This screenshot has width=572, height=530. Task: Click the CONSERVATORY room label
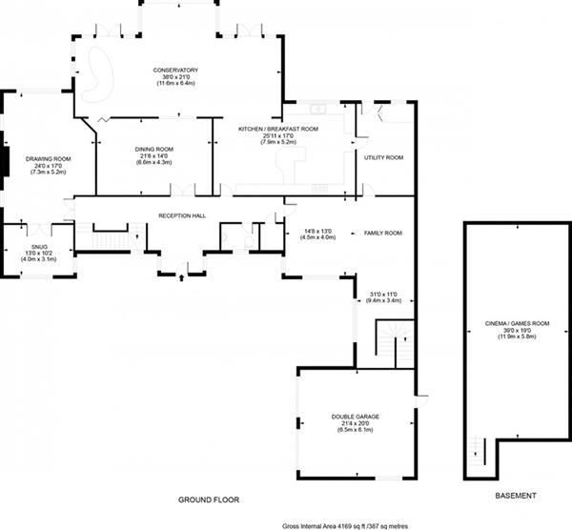pyautogui.click(x=176, y=70)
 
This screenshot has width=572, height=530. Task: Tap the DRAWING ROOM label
pyautogui.click(x=49, y=158)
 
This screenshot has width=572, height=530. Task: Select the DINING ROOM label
pyautogui.click(x=153, y=150)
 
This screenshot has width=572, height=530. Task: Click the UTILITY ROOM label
pyautogui.click(x=384, y=157)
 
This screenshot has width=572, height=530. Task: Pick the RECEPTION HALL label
pyautogui.click(x=182, y=216)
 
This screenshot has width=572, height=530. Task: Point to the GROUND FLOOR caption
pyautogui.click(x=209, y=499)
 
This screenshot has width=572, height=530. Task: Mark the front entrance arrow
pyautogui.click(x=182, y=277)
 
